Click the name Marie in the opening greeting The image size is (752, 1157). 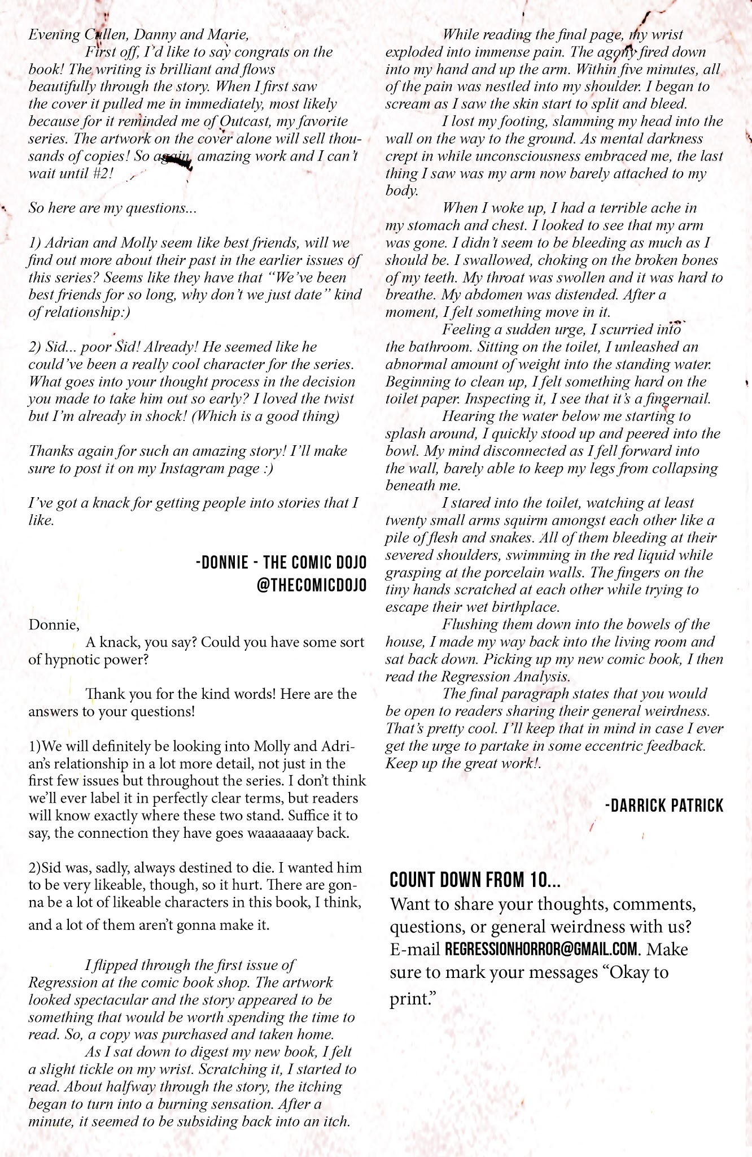(228, 34)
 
